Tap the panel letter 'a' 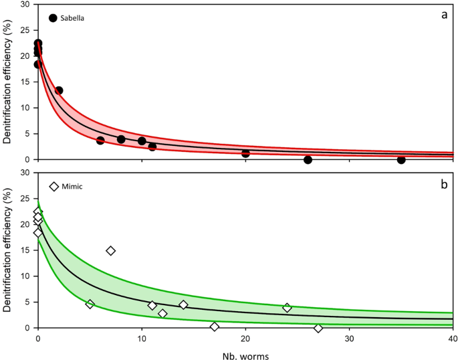pos(443,15)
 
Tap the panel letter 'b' pos(443,183)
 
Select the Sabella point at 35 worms pos(401,160)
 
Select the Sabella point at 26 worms pos(308,160)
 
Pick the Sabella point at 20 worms pos(245,153)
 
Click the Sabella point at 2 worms pos(59,90)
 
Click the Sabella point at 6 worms pos(100,141)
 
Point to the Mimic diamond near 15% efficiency pos(111,250)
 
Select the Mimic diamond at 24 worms pos(287,308)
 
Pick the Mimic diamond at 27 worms pos(318,328)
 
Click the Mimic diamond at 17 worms pos(215,327)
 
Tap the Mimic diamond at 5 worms pos(90,304)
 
